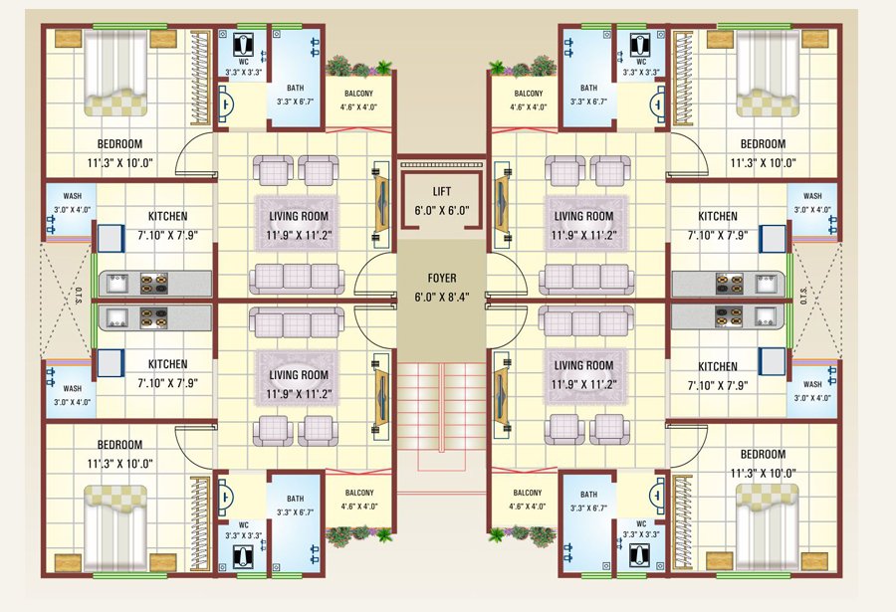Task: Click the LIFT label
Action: pos(442,191)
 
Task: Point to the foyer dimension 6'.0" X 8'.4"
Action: pos(442,298)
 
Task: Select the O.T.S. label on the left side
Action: pos(79,298)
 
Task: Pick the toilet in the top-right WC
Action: pos(640,44)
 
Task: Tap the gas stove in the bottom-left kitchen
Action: pos(154,318)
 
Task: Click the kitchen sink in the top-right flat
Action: pos(766,284)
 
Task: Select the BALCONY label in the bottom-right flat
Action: pos(528,493)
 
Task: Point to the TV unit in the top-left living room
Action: pos(381,204)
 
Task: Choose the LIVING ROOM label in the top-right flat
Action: pos(583,216)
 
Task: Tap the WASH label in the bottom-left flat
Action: pos(73,388)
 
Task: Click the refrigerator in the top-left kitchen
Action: pos(111,238)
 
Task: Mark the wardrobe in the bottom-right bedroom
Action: pos(682,522)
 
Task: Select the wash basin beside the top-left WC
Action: pos(225,104)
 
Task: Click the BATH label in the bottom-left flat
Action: pos(296,499)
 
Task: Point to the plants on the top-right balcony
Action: pos(523,67)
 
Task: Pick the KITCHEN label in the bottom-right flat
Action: pos(718,366)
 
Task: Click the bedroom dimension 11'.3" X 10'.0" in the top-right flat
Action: pos(763,163)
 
